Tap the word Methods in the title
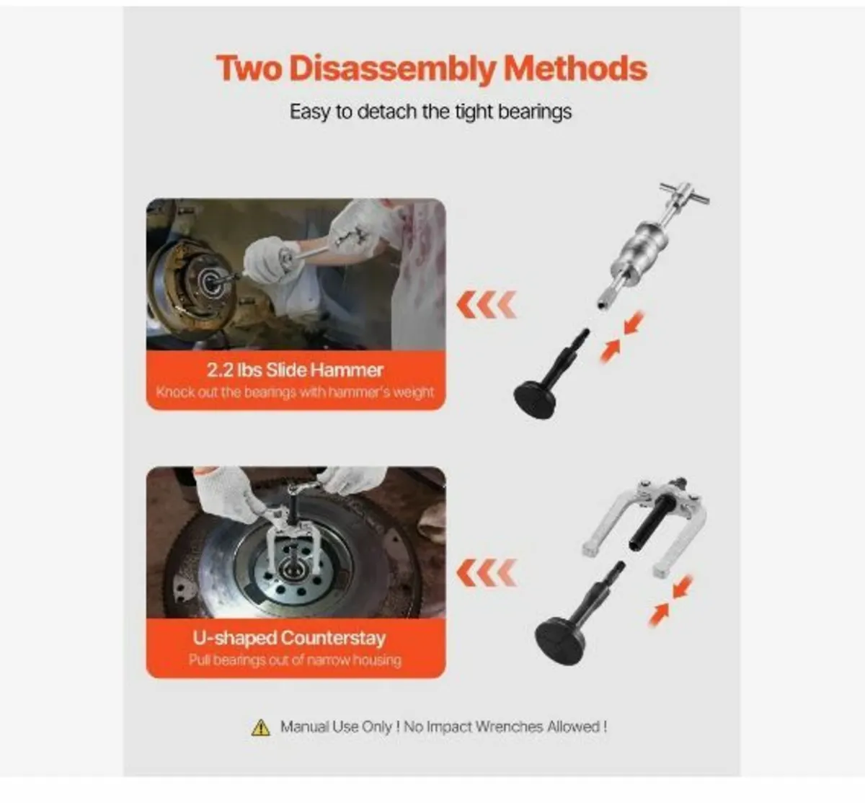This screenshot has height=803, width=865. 575,68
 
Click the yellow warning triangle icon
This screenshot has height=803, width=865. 260,727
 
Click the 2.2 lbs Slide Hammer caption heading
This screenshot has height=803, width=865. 295,370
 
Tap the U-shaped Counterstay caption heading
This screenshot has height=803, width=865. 289,638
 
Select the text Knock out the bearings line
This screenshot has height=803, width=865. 295,393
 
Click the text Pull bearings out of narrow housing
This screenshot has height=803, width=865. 295,660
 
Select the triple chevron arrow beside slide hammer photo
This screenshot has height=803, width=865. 487,306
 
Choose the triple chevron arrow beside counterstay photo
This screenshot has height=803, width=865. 487,574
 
